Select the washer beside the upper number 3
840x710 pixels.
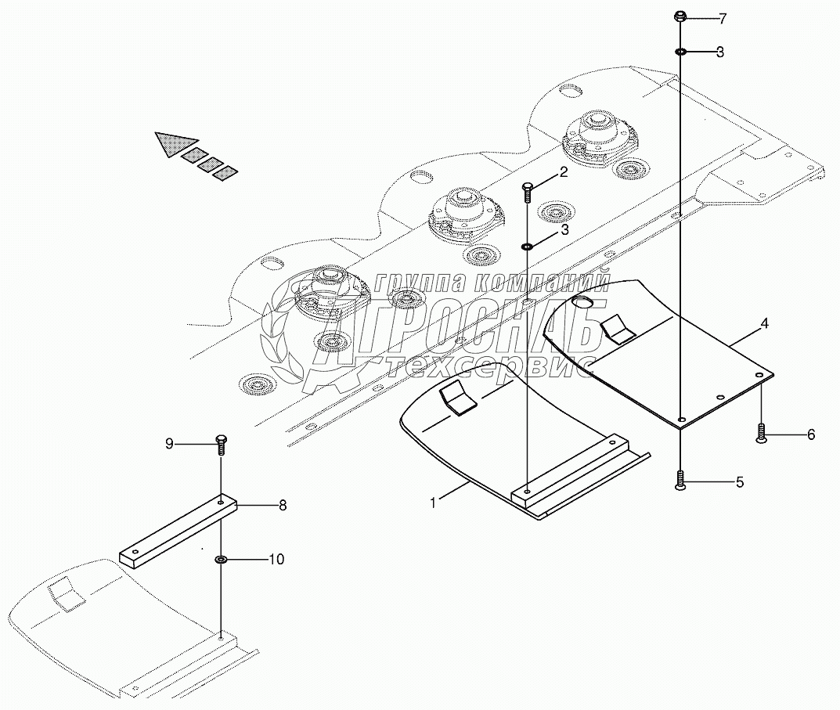pos(680,52)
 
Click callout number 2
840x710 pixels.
pos(563,172)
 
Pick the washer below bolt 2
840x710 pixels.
pos(527,247)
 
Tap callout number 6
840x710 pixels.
pos(811,434)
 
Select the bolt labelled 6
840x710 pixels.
pos(761,433)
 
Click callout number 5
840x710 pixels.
pos(739,482)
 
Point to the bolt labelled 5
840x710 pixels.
pos(680,481)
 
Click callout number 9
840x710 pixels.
pos(168,444)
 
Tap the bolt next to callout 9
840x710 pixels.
pos(220,444)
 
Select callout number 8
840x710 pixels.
pos(282,506)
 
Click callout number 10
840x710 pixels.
pos(276,559)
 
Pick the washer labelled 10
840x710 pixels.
pos(221,560)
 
